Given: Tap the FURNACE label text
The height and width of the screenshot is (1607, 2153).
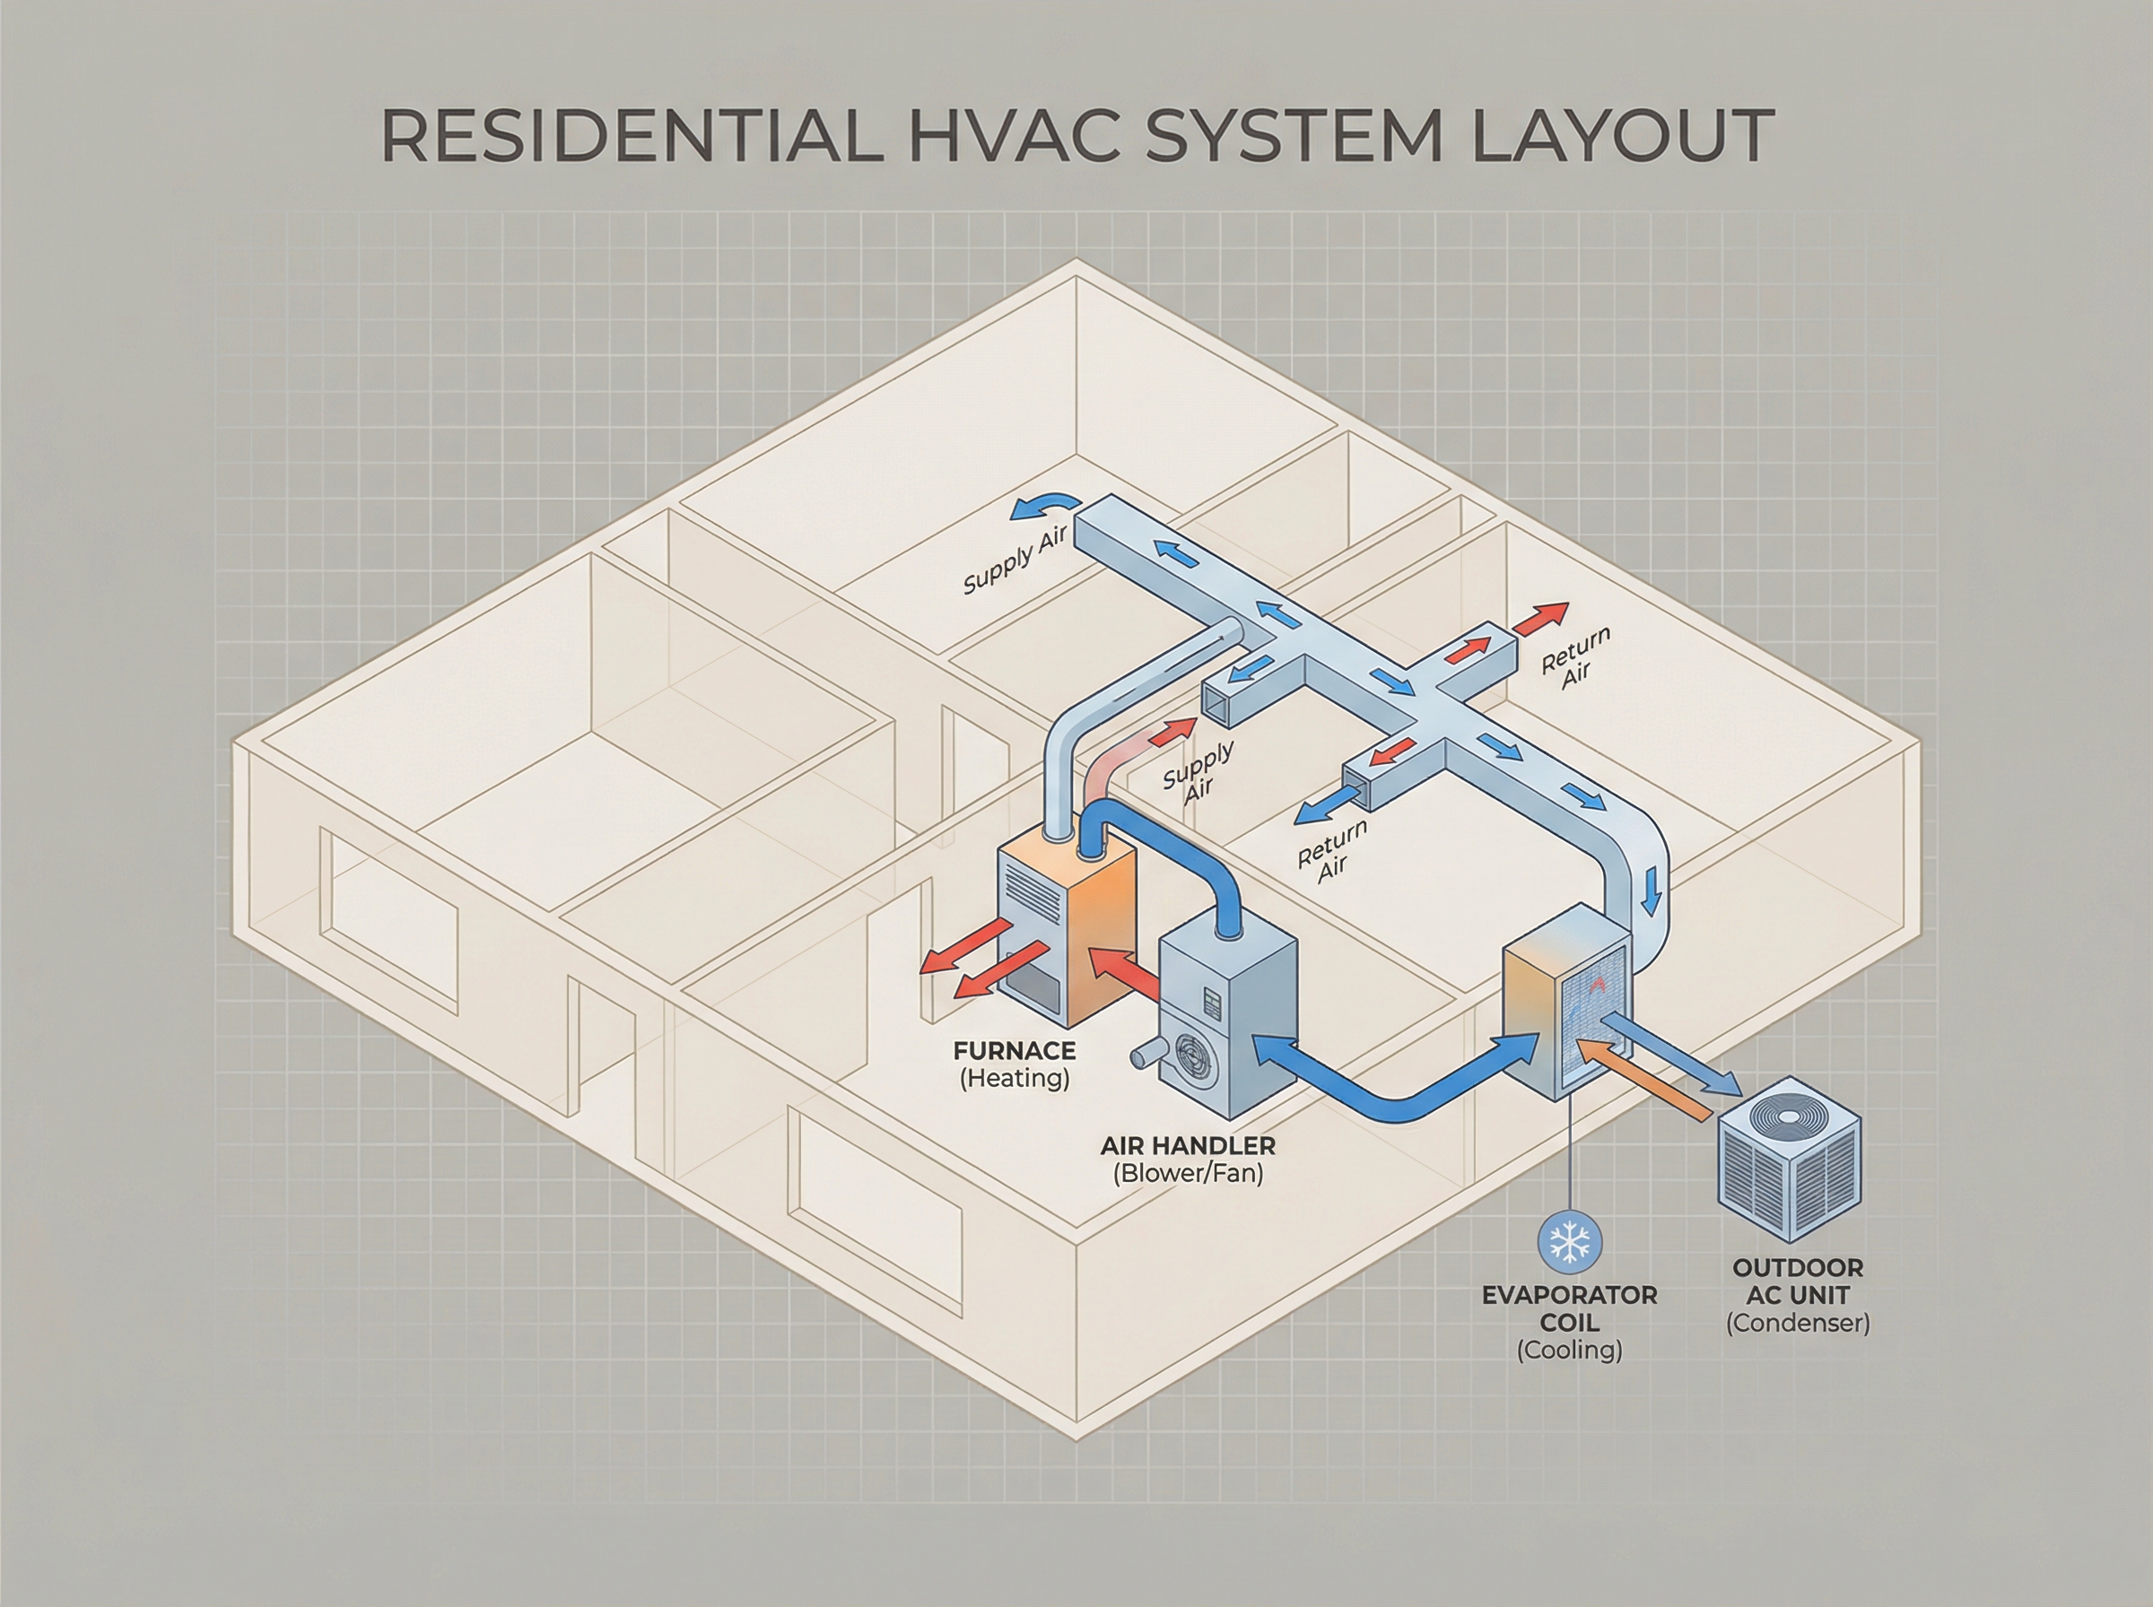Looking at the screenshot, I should [x=1015, y=1052].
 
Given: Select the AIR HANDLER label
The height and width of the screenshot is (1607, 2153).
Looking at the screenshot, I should [x=1187, y=1146].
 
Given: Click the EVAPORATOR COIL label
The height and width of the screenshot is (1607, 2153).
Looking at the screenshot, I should [x=1569, y=1308].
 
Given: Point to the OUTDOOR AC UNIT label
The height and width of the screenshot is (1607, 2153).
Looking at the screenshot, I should [x=1798, y=1281].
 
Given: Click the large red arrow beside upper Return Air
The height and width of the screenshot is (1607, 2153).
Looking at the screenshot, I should [x=1541, y=617].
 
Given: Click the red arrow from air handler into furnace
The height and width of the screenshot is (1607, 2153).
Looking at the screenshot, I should [x=1124, y=973].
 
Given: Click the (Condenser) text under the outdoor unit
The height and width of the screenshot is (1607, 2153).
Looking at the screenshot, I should [x=1798, y=1323].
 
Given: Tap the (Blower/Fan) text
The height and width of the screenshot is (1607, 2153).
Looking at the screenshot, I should [x=1187, y=1173].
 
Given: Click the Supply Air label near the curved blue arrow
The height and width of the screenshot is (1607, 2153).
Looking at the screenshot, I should [x=1015, y=559].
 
